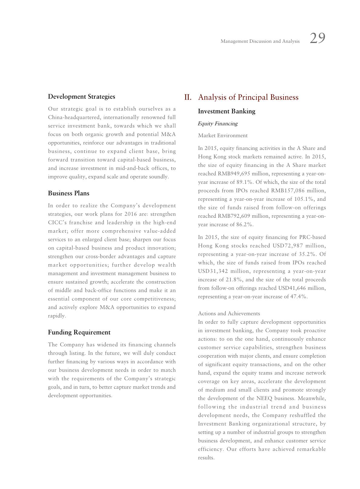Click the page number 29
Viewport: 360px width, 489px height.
point(318,38)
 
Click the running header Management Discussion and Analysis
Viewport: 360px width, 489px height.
point(260,41)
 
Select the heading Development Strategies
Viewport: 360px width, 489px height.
point(81,97)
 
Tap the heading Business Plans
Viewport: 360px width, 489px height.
point(68,193)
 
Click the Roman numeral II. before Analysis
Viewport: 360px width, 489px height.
point(188,97)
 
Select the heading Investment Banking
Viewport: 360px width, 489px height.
point(227,111)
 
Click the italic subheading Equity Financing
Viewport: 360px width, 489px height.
point(218,124)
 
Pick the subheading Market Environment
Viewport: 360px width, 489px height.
point(223,136)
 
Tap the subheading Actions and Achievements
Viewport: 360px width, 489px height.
point(229,313)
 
